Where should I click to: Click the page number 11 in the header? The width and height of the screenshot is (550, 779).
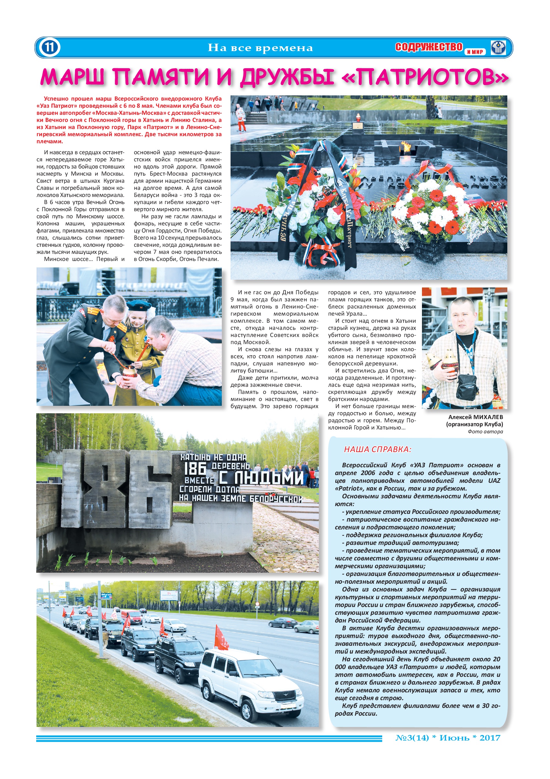[x=49, y=47]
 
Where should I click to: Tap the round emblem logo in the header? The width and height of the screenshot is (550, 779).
[x=498, y=48]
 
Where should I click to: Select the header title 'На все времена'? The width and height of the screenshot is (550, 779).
[x=260, y=48]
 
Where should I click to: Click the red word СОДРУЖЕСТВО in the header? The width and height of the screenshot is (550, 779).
[x=429, y=47]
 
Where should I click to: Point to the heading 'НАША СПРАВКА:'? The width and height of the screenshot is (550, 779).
[x=377, y=449]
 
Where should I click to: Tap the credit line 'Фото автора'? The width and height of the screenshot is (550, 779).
[x=485, y=432]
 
